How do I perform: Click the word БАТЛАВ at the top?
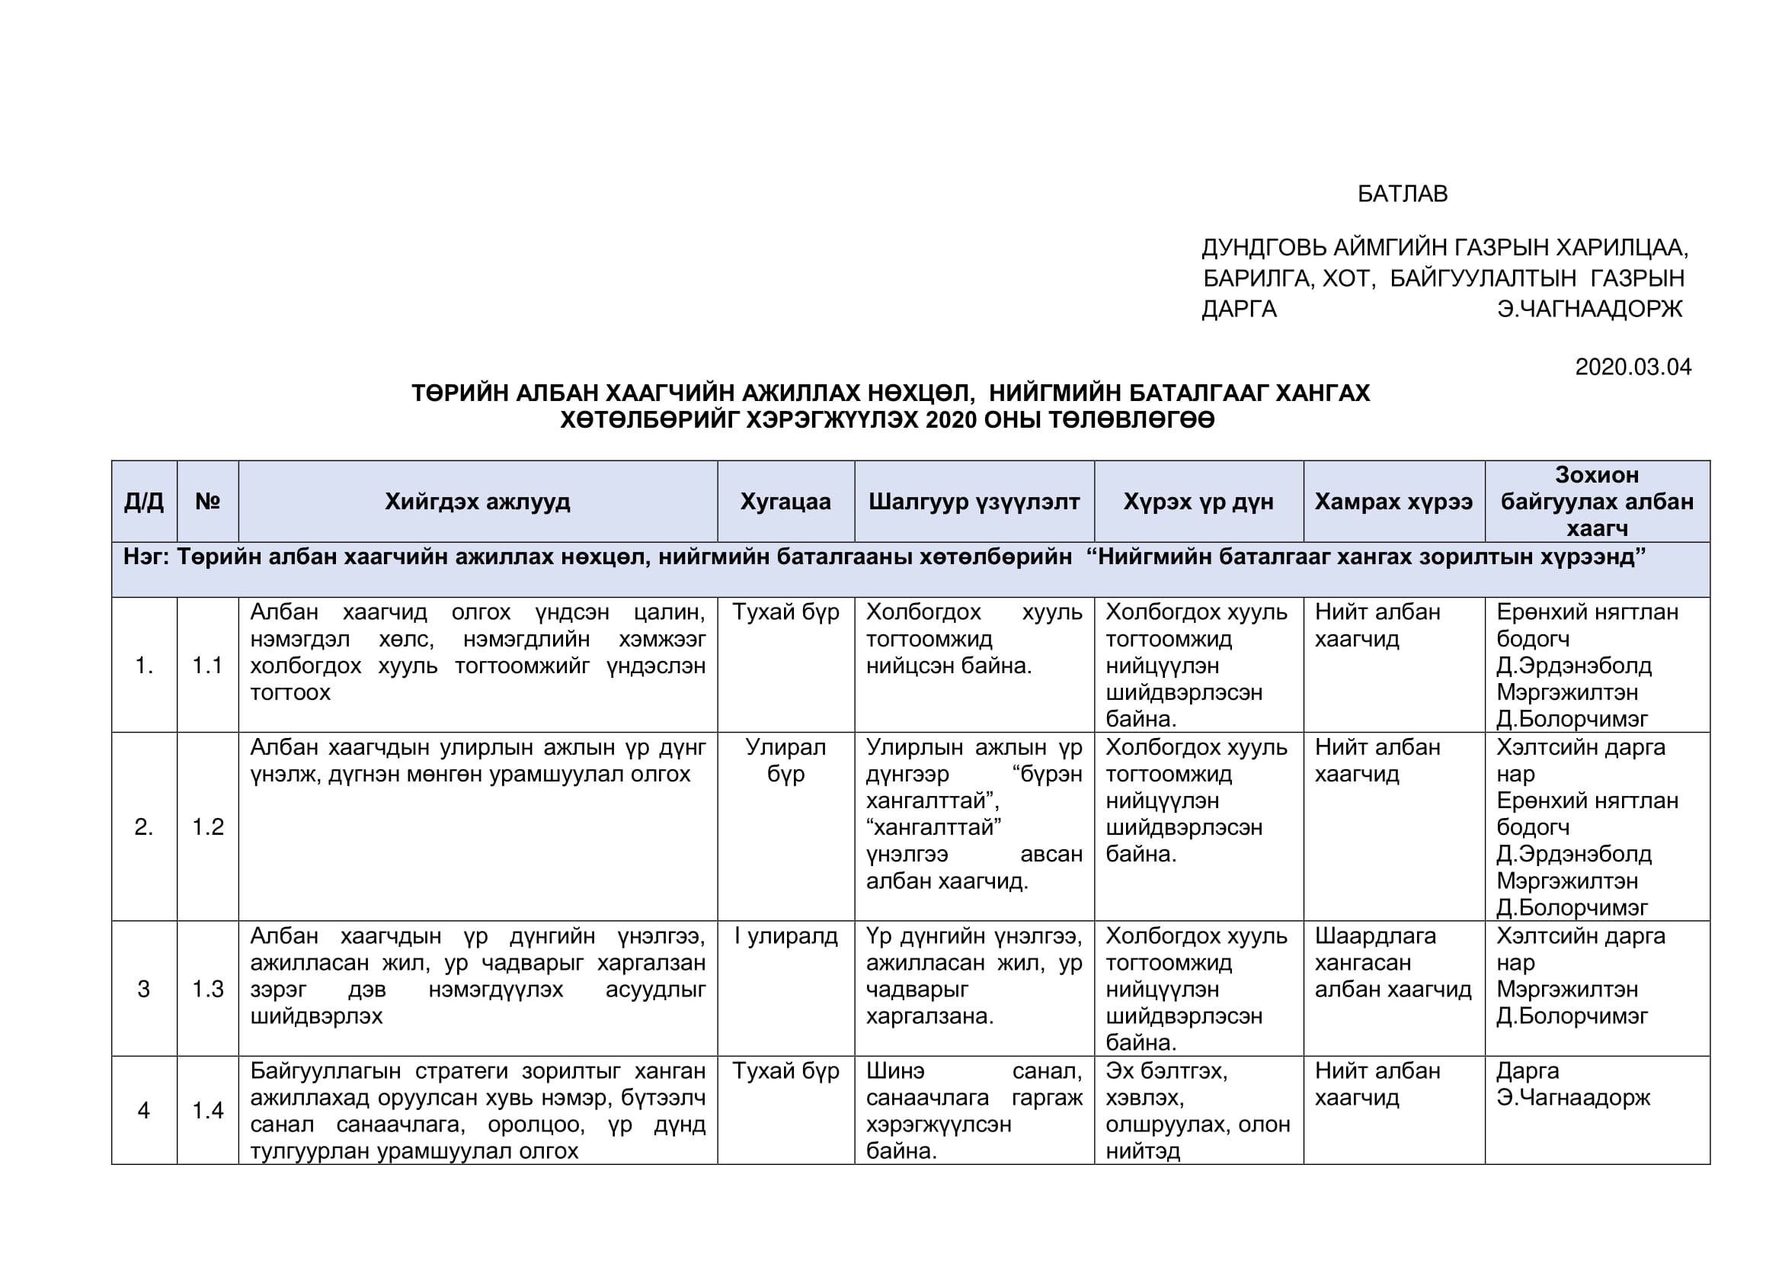click(x=1402, y=194)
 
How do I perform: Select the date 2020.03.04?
click(x=1633, y=367)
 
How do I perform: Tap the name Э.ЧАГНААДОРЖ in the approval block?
click(x=1589, y=309)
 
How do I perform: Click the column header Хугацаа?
click(x=785, y=502)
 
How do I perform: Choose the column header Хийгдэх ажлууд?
click(x=478, y=502)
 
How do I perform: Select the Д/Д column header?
click(x=143, y=502)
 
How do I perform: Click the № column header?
click(x=207, y=502)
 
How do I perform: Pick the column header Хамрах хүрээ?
click(x=1393, y=502)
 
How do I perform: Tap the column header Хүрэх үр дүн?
click(x=1198, y=502)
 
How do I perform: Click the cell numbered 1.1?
click(x=207, y=665)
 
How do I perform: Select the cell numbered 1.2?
click(x=207, y=826)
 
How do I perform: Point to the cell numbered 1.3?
click(x=207, y=989)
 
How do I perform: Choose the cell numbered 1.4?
click(x=207, y=1110)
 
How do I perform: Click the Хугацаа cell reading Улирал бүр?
click(x=785, y=760)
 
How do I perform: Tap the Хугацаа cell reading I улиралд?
click(x=785, y=936)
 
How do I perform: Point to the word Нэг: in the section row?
click(x=147, y=557)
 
